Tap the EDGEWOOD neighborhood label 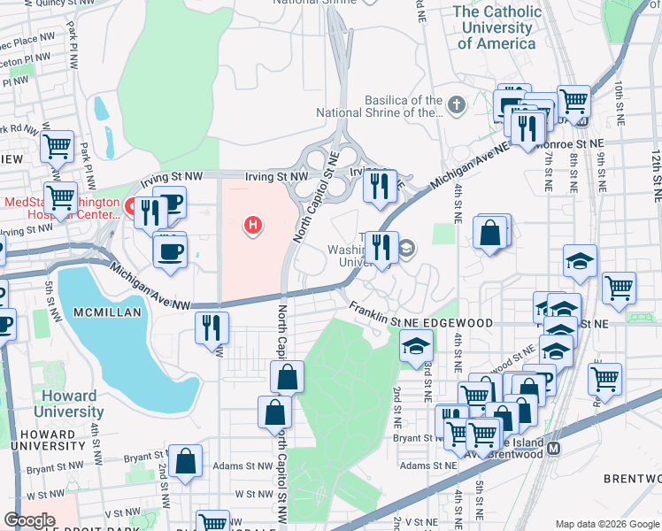tap(459, 323)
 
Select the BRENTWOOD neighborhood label tap(633, 478)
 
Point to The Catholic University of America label tap(496, 27)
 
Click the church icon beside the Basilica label tap(457, 106)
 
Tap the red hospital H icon tap(253, 226)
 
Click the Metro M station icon tap(555, 448)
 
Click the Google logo tap(29, 520)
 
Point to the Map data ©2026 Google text tap(607, 524)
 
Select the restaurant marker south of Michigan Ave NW tap(212, 328)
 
